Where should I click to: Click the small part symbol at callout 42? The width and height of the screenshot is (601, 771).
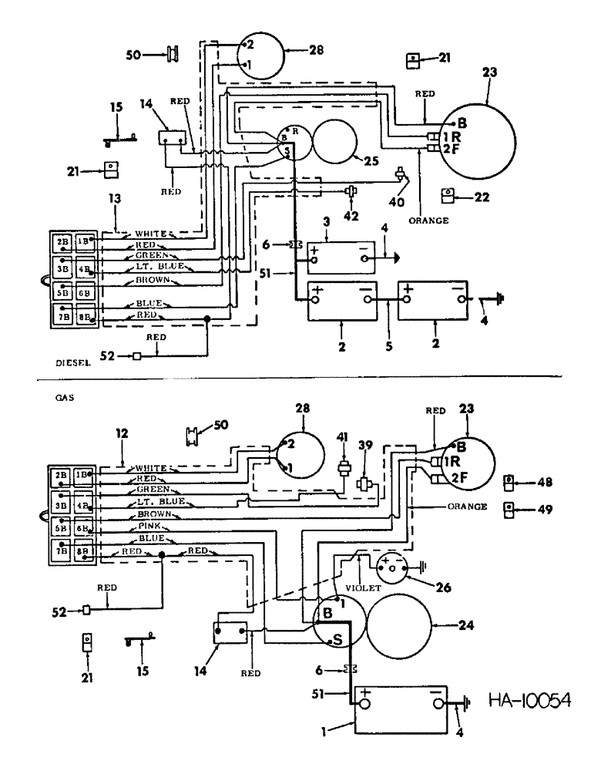pos(351,190)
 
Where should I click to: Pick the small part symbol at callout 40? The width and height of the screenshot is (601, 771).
pos(401,175)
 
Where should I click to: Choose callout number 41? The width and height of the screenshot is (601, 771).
pos(343,437)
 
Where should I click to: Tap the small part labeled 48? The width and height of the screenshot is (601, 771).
pos(509,482)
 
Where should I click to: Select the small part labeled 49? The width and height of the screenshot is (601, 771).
pos(509,508)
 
